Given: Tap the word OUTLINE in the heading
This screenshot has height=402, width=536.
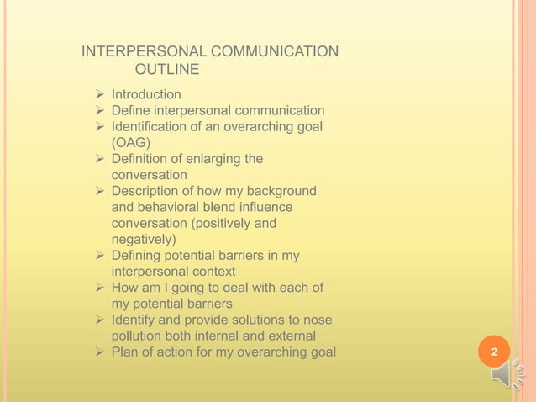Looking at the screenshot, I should coord(167,69).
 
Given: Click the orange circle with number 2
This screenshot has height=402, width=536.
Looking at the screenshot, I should coord(494,352).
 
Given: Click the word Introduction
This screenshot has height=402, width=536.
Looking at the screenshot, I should coord(146,94).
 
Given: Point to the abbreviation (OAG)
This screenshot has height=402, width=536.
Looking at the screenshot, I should coord(131,143).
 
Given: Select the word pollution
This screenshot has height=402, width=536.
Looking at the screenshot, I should coord(139,336).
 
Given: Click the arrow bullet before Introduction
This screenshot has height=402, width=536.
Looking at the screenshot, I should coord(99,94).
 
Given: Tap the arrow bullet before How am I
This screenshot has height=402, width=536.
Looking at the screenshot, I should coord(99,288).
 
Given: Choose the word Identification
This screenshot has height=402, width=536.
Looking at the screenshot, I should coord(152,127).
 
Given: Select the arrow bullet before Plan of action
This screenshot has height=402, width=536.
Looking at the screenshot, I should coord(99,352).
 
